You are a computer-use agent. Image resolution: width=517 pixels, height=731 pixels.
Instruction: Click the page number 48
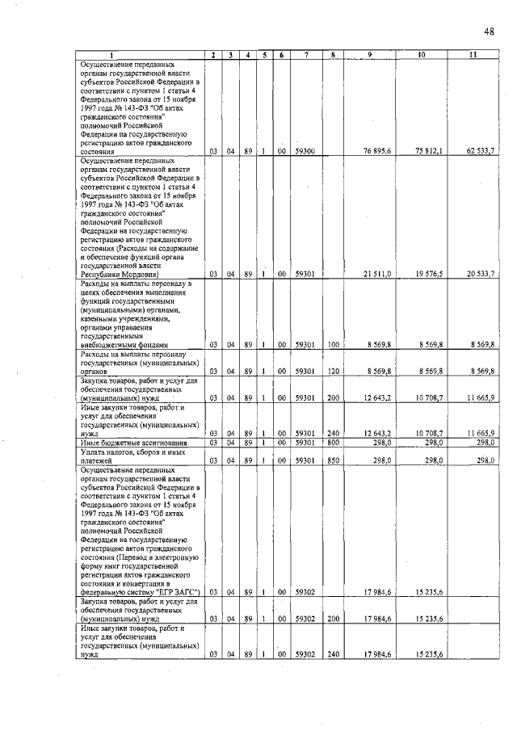[x=490, y=32]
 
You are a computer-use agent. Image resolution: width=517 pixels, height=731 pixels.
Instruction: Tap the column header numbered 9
[x=370, y=55]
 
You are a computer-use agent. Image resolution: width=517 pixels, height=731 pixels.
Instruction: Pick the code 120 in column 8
[x=332, y=372]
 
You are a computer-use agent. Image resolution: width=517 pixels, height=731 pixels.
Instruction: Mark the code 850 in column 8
[x=332, y=460]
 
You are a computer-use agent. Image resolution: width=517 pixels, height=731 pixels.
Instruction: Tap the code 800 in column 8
[x=332, y=442]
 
